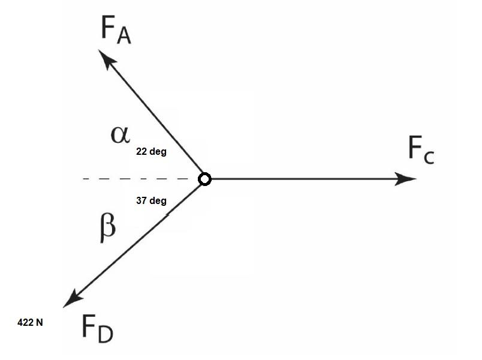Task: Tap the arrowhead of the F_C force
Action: (x=406, y=179)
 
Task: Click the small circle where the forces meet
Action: (x=204, y=179)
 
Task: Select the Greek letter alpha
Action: (x=120, y=134)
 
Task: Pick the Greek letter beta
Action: (x=106, y=227)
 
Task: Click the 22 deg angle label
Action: (x=151, y=152)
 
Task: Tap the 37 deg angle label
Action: (x=151, y=201)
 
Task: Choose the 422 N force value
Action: (x=30, y=322)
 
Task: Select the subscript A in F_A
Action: (x=123, y=37)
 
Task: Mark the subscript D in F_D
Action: (x=104, y=334)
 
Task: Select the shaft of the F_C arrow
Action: (x=300, y=179)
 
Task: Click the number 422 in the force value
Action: (x=25, y=322)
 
